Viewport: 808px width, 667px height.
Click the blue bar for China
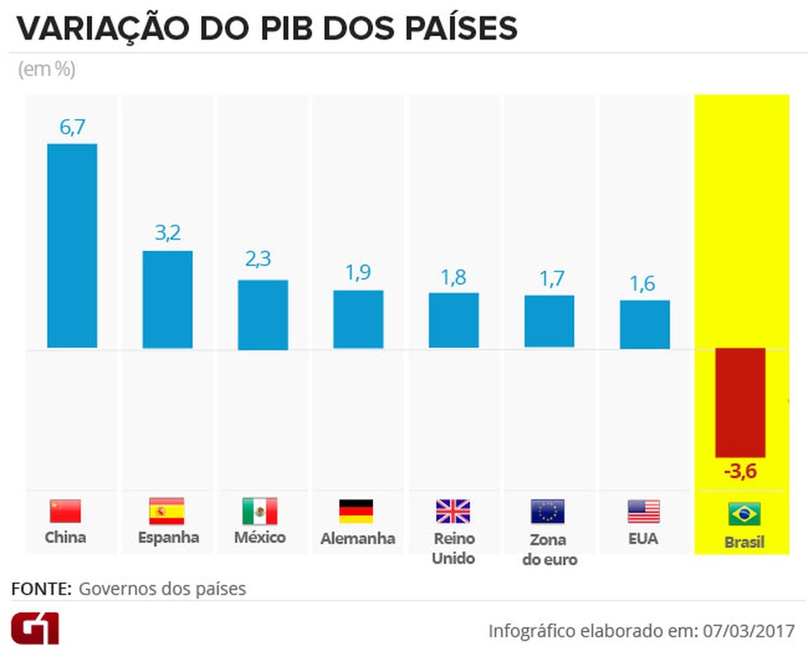coord(71,246)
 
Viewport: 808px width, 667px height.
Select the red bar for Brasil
coord(740,402)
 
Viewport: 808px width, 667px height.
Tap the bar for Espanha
coord(168,299)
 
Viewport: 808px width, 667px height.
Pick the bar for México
coord(263,315)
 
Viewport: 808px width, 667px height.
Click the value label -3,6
coord(740,473)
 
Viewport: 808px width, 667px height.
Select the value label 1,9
coord(358,273)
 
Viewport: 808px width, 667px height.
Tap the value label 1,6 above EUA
coord(645,283)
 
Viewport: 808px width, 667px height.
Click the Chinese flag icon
coord(66,511)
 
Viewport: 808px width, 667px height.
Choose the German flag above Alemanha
coord(356,511)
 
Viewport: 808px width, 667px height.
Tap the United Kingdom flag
coord(452,511)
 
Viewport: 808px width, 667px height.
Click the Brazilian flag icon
coord(744,514)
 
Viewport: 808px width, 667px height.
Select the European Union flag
coord(548,511)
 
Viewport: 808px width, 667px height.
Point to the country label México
coord(259,538)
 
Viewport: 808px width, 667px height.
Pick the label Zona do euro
coord(549,550)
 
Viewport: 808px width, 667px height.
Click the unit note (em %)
coord(47,70)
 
